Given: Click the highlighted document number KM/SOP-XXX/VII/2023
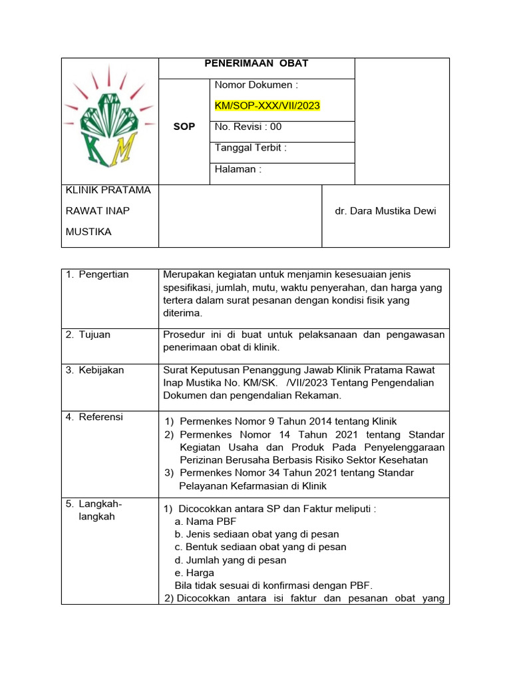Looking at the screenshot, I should tap(267, 105).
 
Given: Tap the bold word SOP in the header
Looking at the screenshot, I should tap(184, 127).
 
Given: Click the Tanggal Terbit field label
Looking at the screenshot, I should tap(250, 148).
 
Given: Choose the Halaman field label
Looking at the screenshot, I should tap(238, 169).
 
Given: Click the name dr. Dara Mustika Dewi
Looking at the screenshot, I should tap(386, 211).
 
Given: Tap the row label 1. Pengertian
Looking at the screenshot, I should tap(97, 274).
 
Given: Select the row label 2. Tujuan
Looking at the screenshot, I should tap(88, 335).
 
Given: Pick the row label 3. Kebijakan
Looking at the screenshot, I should tap(94, 370).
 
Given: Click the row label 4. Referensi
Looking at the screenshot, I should tap(94, 418).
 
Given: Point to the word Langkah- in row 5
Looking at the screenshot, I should tap(100, 504).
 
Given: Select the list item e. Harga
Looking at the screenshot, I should tap(194, 573).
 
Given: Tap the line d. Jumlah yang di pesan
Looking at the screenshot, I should tap(230, 560).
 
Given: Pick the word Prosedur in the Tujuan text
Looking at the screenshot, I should tap(183, 335).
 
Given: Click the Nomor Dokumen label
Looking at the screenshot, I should tap(255, 85).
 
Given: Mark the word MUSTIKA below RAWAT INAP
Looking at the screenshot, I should tap(88, 232).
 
